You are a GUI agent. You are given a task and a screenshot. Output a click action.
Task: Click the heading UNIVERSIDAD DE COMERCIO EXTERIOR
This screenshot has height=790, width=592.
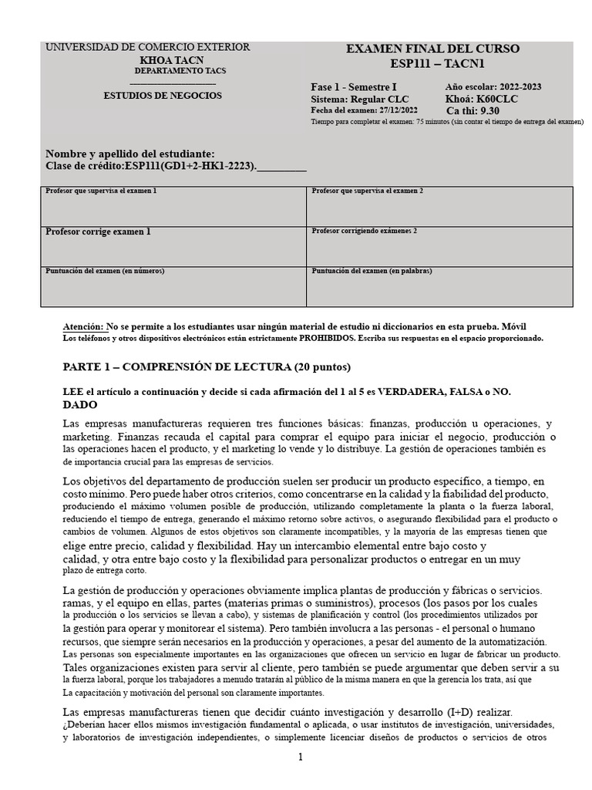coord(148,48)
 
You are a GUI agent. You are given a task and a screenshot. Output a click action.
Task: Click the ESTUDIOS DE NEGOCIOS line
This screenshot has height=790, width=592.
coord(163,96)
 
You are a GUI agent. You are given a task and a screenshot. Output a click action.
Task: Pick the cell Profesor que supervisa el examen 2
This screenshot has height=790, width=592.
coord(439,206)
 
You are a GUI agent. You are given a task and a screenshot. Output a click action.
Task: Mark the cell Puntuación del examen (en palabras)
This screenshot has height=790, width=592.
coord(439,286)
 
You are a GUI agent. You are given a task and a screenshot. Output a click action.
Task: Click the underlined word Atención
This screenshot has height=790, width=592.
coord(82,327)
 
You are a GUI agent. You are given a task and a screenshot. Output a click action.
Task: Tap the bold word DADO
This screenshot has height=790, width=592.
coord(79,405)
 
